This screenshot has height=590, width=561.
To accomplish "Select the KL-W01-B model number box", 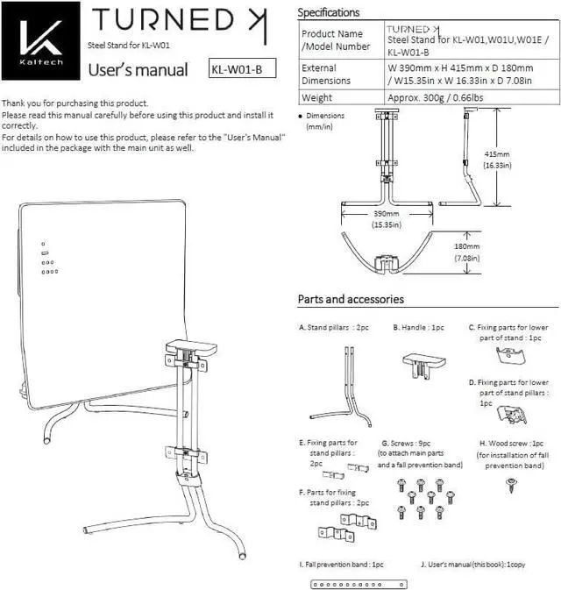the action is pyautogui.click(x=238, y=69).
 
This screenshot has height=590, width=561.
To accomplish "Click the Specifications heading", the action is pyautogui.click(x=328, y=13).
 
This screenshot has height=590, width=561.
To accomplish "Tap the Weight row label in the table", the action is pyautogui.click(x=316, y=98).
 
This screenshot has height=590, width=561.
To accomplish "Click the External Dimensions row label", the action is pyautogui.click(x=325, y=74).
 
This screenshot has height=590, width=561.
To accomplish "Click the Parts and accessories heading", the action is pyautogui.click(x=351, y=300).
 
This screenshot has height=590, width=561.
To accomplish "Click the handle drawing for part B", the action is pyautogui.click(x=424, y=364).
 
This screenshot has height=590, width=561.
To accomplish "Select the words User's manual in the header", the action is pyautogui.click(x=137, y=70).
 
